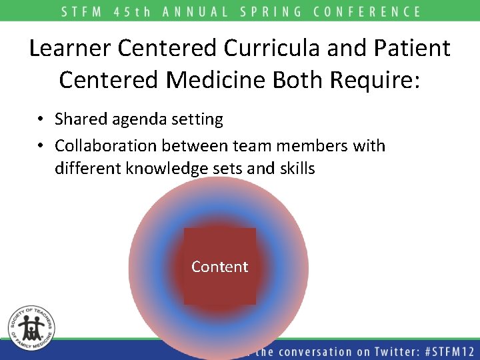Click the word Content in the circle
(219, 267)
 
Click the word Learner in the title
(71, 48)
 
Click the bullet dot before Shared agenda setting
(41, 120)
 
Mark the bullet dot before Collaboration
(41, 146)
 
